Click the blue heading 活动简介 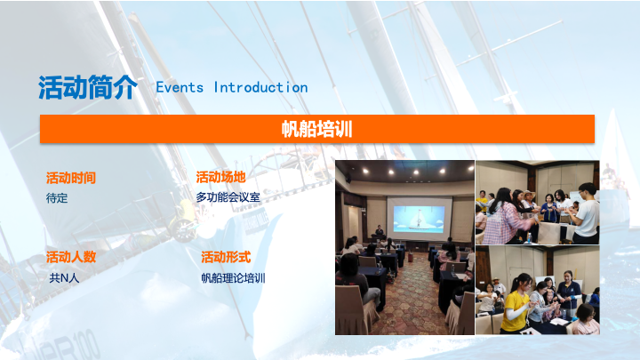(x=88, y=87)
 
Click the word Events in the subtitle (x=180, y=87)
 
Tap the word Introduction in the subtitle (x=260, y=87)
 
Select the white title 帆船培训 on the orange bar (x=316, y=129)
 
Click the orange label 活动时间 (x=70, y=178)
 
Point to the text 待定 (x=57, y=198)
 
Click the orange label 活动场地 (x=220, y=177)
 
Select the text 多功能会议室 (x=228, y=197)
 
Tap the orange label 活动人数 (x=70, y=257)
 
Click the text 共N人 (x=64, y=278)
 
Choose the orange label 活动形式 (x=226, y=257)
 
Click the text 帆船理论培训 (x=233, y=278)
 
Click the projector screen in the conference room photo (x=420, y=219)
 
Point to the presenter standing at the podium (x=380, y=230)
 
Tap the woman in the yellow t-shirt (x=516, y=302)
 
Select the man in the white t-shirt (x=586, y=213)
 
